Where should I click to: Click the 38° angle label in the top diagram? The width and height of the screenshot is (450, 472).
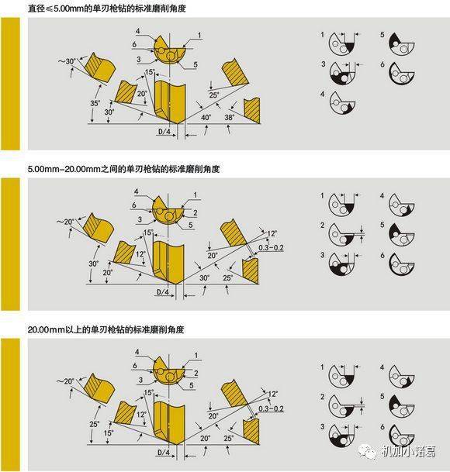click(x=230, y=117)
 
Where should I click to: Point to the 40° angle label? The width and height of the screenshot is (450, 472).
click(x=206, y=117)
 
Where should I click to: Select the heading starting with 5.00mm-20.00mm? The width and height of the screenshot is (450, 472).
click(x=108, y=167)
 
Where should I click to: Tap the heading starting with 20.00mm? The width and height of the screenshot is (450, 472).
click(x=106, y=329)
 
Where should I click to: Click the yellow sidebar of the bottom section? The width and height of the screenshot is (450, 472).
click(x=9, y=403)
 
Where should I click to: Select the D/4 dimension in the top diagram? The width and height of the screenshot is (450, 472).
click(x=164, y=132)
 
